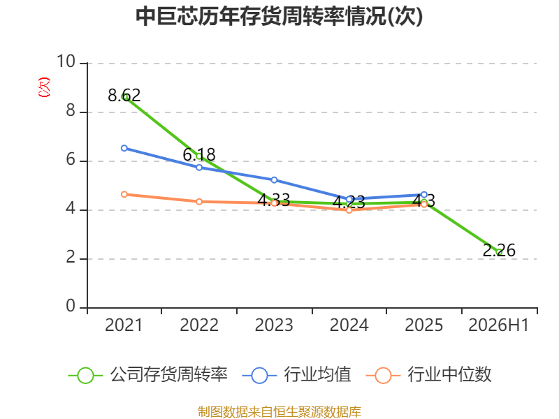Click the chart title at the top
[x=279, y=16]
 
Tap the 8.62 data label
[x=124, y=95]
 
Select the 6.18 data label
[x=199, y=154]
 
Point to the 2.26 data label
[x=499, y=250]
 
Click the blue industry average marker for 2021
[x=124, y=148]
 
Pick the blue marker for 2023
[x=274, y=180]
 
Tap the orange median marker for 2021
[x=124, y=194]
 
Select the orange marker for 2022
[x=199, y=202]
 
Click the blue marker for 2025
[x=424, y=195]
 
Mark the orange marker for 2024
[x=349, y=210]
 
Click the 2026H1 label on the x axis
[x=499, y=325]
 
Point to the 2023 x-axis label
[x=274, y=325]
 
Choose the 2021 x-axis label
[x=124, y=325]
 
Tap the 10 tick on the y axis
[x=66, y=61]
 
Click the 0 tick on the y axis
[x=71, y=306]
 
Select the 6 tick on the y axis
[x=71, y=159]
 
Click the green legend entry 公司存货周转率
[x=148, y=375]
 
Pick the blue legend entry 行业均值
[x=296, y=375]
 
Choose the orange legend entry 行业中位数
[x=428, y=375]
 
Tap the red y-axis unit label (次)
[x=44, y=87]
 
